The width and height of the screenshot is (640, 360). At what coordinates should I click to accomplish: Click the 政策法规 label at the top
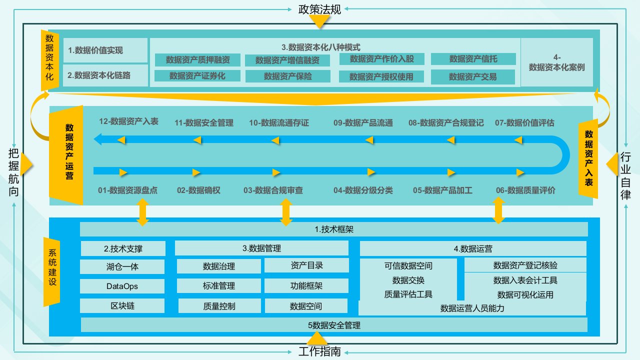[x=319, y=9]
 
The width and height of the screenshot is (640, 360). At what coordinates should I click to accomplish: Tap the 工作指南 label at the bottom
[x=319, y=351]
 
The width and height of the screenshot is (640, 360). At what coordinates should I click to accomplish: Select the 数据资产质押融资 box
[x=198, y=60]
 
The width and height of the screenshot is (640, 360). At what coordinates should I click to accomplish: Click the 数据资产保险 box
[x=287, y=76]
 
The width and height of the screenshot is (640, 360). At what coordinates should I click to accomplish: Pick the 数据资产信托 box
[x=473, y=59]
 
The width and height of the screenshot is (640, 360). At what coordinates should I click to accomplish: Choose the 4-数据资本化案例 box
[x=556, y=62]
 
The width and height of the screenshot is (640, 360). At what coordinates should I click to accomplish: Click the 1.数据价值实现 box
[x=105, y=50]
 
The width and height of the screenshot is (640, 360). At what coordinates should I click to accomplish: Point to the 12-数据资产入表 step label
[x=128, y=121]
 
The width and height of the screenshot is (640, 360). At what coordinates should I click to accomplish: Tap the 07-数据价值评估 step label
[x=524, y=122]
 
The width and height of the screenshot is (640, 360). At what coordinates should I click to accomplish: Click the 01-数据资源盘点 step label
[x=127, y=190]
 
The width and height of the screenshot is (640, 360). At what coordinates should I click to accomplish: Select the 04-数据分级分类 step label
[x=363, y=190]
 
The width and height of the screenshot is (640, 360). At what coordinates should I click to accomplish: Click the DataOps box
[x=122, y=286]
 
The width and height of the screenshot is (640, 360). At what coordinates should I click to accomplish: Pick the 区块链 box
[x=122, y=306]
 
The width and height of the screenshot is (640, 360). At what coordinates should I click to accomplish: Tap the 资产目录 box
[x=306, y=265]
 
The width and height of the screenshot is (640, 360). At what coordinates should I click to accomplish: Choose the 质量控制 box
[x=219, y=306]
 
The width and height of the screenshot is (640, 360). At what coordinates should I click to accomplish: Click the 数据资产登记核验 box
[x=525, y=264]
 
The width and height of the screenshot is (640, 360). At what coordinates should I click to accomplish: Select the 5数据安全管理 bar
[x=333, y=325]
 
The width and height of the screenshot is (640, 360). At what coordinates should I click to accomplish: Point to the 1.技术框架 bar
[x=333, y=229]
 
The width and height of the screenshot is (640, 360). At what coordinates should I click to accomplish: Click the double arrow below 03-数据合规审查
[x=286, y=212]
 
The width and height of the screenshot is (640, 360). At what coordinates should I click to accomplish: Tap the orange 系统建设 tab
[x=52, y=270]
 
